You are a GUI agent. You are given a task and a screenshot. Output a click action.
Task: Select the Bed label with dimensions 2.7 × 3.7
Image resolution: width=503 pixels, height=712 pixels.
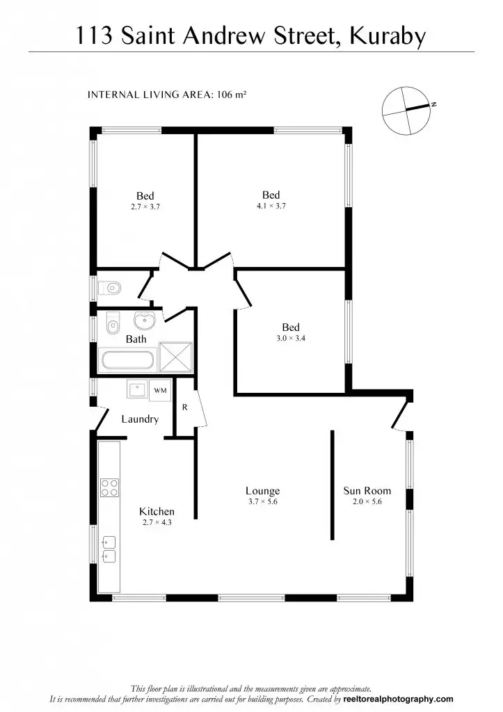click(x=145, y=196)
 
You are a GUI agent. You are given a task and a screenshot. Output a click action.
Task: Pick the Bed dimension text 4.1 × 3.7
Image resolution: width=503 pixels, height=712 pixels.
click(x=271, y=206)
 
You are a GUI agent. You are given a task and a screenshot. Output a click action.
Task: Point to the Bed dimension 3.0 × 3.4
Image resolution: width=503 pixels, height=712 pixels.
click(x=291, y=339)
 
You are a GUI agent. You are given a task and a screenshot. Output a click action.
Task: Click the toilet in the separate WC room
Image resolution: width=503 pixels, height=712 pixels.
click(x=111, y=287)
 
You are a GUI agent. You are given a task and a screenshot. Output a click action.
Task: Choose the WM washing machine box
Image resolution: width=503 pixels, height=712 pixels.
click(x=160, y=391)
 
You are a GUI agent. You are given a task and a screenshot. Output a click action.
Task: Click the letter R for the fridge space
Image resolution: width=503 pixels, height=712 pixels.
click(x=185, y=407)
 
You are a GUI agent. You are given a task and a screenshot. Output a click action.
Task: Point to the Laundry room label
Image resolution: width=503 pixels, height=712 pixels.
click(x=140, y=419)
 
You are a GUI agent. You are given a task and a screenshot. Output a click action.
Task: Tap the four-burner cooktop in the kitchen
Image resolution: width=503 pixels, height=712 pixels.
click(x=109, y=487)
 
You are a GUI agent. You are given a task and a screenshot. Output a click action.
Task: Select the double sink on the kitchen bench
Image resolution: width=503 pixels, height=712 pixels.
click(x=109, y=549)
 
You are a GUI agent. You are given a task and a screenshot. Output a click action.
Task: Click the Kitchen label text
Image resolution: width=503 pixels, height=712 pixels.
click(x=157, y=511)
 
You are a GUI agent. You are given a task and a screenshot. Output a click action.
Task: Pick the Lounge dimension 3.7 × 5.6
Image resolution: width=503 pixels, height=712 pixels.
click(x=262, y=501)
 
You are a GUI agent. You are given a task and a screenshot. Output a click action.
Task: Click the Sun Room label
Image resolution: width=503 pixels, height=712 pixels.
click(x=367, y=491)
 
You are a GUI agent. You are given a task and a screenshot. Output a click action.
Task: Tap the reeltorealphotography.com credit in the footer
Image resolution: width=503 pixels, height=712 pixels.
click(x=398, y=699)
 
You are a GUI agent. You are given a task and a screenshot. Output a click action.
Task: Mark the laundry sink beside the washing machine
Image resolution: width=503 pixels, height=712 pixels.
click(x=136, y=389)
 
